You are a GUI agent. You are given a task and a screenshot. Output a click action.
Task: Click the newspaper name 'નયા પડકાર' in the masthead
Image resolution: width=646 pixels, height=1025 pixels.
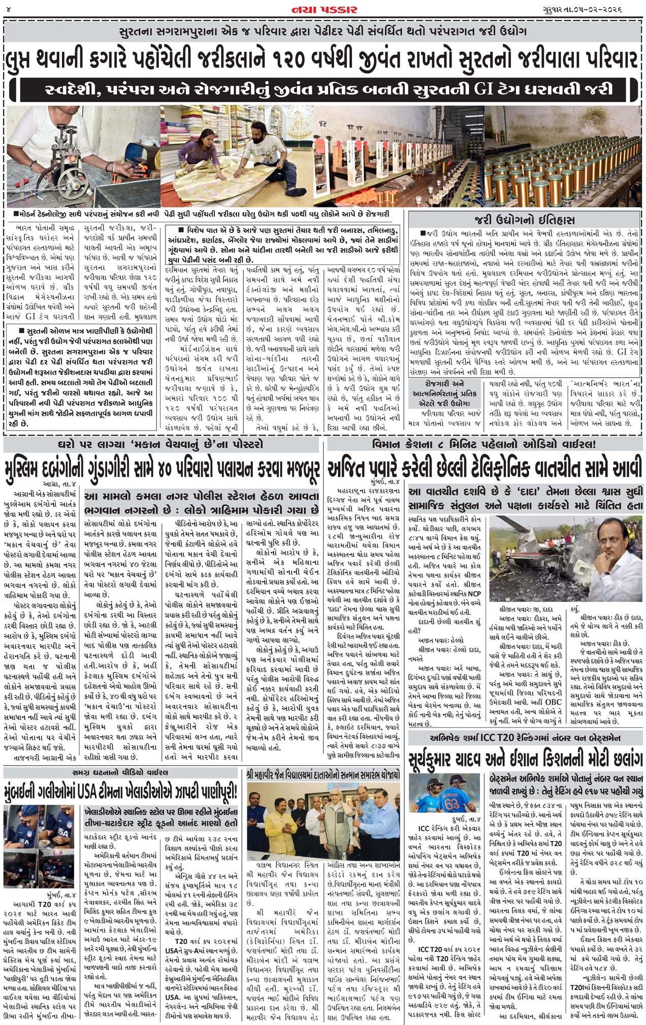pyautogui.click(x=324, y=10)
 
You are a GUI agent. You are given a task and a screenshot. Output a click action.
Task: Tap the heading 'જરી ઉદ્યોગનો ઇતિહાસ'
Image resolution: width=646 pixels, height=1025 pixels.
pyautogui.click(x=525, y=220)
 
